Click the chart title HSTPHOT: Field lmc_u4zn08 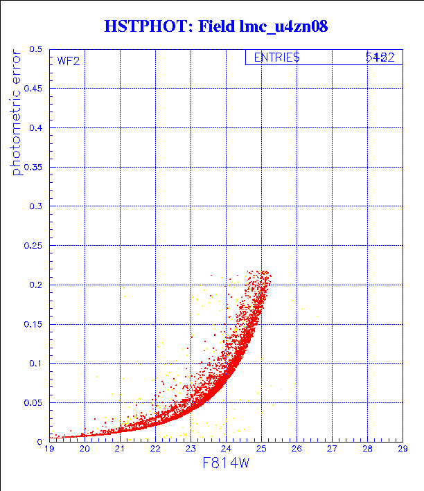[215, 27]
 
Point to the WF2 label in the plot [69, 60]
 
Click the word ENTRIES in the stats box [276, 57]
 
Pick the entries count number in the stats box [380, 57]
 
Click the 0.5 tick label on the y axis [36, 49]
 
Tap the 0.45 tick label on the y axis [33, 89]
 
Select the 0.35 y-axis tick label [33, 167]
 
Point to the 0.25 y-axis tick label [33, 245]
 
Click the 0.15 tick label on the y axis [33, 323]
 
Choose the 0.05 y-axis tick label [33, 402]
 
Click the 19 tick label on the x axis [49, 449]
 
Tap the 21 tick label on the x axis [120, 449]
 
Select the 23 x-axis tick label [191, 449]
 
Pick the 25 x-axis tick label [261, 449]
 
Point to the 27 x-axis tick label [332, 449]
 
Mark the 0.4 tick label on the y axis [36, 127]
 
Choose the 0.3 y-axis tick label [36, 206]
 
